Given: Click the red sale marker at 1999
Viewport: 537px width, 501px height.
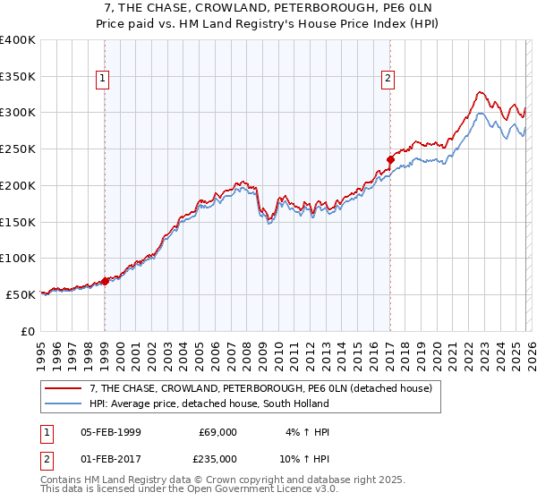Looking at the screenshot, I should [x=105, y=280].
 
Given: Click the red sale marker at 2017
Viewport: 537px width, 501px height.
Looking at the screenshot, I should [x=390, y=160].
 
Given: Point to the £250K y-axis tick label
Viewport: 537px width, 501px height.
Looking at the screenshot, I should [x=18, y=149].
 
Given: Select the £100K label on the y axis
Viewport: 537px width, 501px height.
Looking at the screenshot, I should [x=18, y=258].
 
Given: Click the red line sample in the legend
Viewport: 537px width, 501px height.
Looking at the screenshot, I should [x=64, y=388].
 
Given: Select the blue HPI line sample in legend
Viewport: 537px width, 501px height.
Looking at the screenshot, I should [x=64, y=403].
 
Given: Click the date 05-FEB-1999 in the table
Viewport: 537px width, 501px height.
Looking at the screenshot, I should [x=110, y=432].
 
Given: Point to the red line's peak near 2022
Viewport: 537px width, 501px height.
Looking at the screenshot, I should [x=480, y=91].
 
